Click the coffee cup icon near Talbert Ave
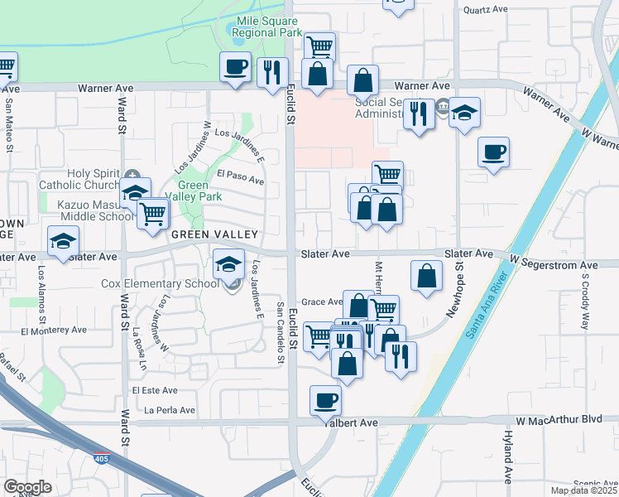tap(325, 401)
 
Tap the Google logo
tap(27, 487)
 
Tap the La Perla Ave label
tap(170, 410)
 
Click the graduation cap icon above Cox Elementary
tap(229, 265)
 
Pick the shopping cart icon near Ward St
tap(153, 214)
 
